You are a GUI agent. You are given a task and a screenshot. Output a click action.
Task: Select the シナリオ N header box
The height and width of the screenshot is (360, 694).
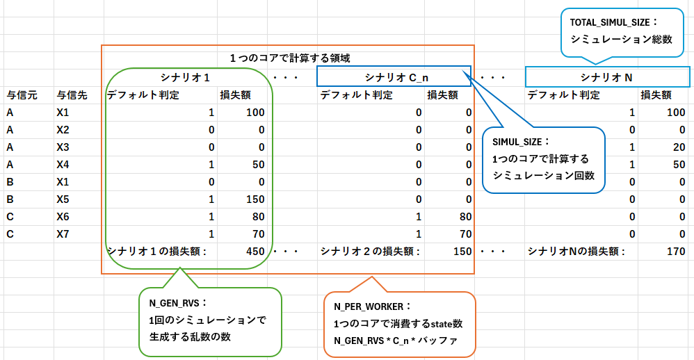coord(608,76)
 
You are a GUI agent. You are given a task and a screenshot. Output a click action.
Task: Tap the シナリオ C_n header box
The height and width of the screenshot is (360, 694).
coord(394,76)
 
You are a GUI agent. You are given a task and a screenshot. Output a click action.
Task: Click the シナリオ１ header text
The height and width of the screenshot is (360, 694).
coord(185,76)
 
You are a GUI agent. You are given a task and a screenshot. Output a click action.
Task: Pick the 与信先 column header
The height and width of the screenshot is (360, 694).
coord(72,95)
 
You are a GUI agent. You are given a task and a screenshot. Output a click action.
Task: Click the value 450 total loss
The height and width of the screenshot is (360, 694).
coord(255,252)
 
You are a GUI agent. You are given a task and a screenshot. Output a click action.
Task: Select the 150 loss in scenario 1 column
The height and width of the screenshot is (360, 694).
coord(255,199)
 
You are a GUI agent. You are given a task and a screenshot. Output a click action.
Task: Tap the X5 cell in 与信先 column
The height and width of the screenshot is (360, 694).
coord(63,199)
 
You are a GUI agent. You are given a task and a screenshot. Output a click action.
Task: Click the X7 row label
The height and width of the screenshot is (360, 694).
coord(63,234)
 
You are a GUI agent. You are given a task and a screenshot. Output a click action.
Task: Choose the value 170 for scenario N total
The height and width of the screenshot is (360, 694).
coord(675,252)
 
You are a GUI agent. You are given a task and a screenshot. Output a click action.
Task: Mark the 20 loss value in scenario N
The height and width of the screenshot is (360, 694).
coord(679,147)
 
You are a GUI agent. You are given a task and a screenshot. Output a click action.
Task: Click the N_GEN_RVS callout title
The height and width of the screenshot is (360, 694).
coord(179,304)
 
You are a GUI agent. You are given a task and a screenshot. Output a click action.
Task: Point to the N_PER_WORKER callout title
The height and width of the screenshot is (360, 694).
coord(373,306)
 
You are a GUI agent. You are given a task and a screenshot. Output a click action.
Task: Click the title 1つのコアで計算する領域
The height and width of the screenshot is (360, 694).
coord(286,58)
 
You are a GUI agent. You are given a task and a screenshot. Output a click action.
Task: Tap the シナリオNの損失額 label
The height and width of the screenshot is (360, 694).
coord(576,252)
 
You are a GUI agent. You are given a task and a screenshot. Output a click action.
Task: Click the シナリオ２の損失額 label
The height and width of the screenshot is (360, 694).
coord(370,252)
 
